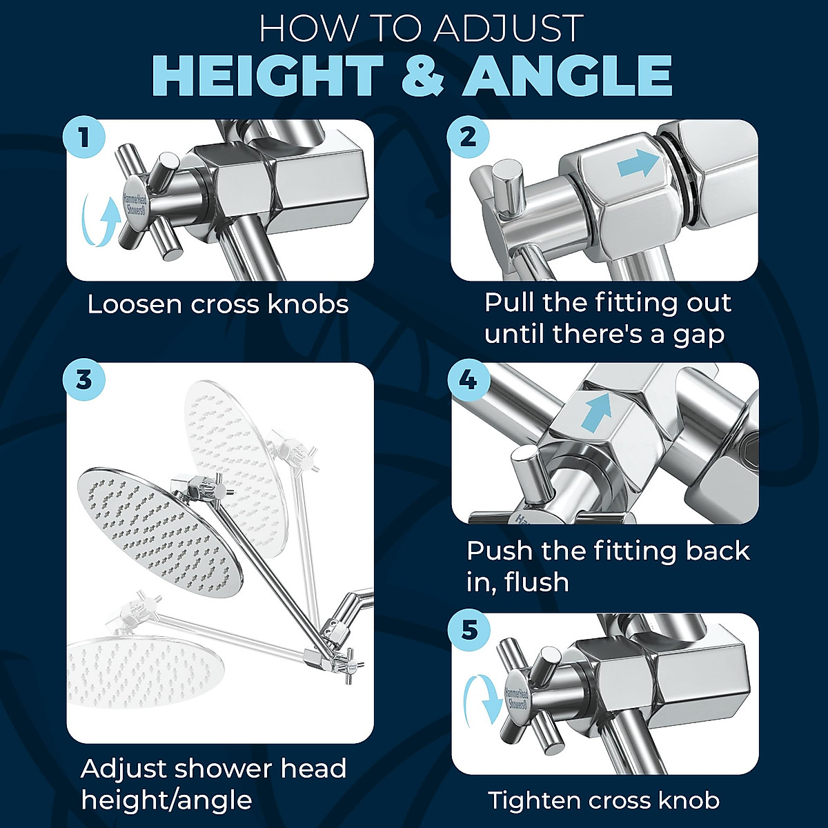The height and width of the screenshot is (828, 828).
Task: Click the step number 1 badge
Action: [84, 138]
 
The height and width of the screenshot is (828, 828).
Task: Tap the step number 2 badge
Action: [469, 137]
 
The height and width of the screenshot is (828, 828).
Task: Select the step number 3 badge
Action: [84, 379]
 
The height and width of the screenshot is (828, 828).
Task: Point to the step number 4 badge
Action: [469, 379]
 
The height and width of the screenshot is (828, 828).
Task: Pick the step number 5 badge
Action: [469, 630]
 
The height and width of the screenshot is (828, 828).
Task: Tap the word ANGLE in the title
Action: [567, 75]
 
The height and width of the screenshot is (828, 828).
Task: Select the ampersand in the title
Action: [422, 75]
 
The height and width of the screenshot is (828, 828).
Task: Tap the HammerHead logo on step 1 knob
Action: [135, 199]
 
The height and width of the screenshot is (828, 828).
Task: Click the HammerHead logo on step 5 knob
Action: [517, 698]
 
